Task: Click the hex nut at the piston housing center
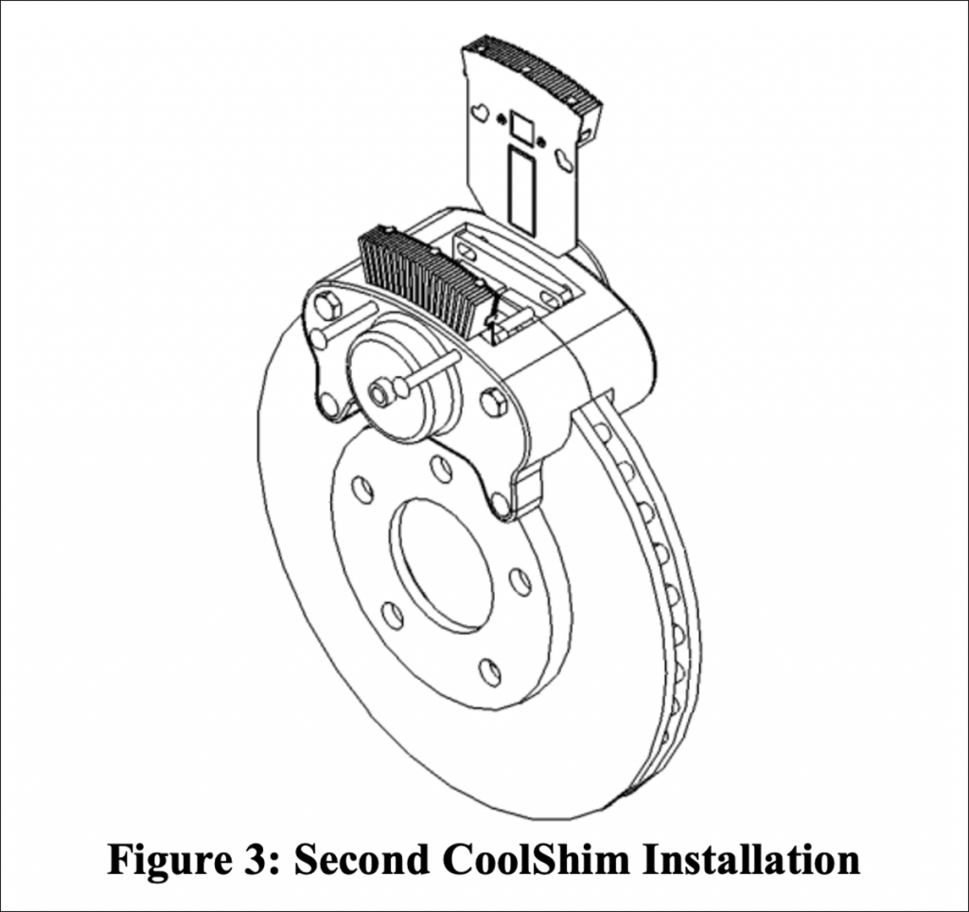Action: (x=382, y=391)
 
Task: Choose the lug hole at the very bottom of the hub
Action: (x=489, y=671)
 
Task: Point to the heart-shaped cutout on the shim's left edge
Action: (x=481, y=114)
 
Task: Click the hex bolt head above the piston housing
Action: (x=328, y=306)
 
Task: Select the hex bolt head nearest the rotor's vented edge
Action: (x=493, y=402)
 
